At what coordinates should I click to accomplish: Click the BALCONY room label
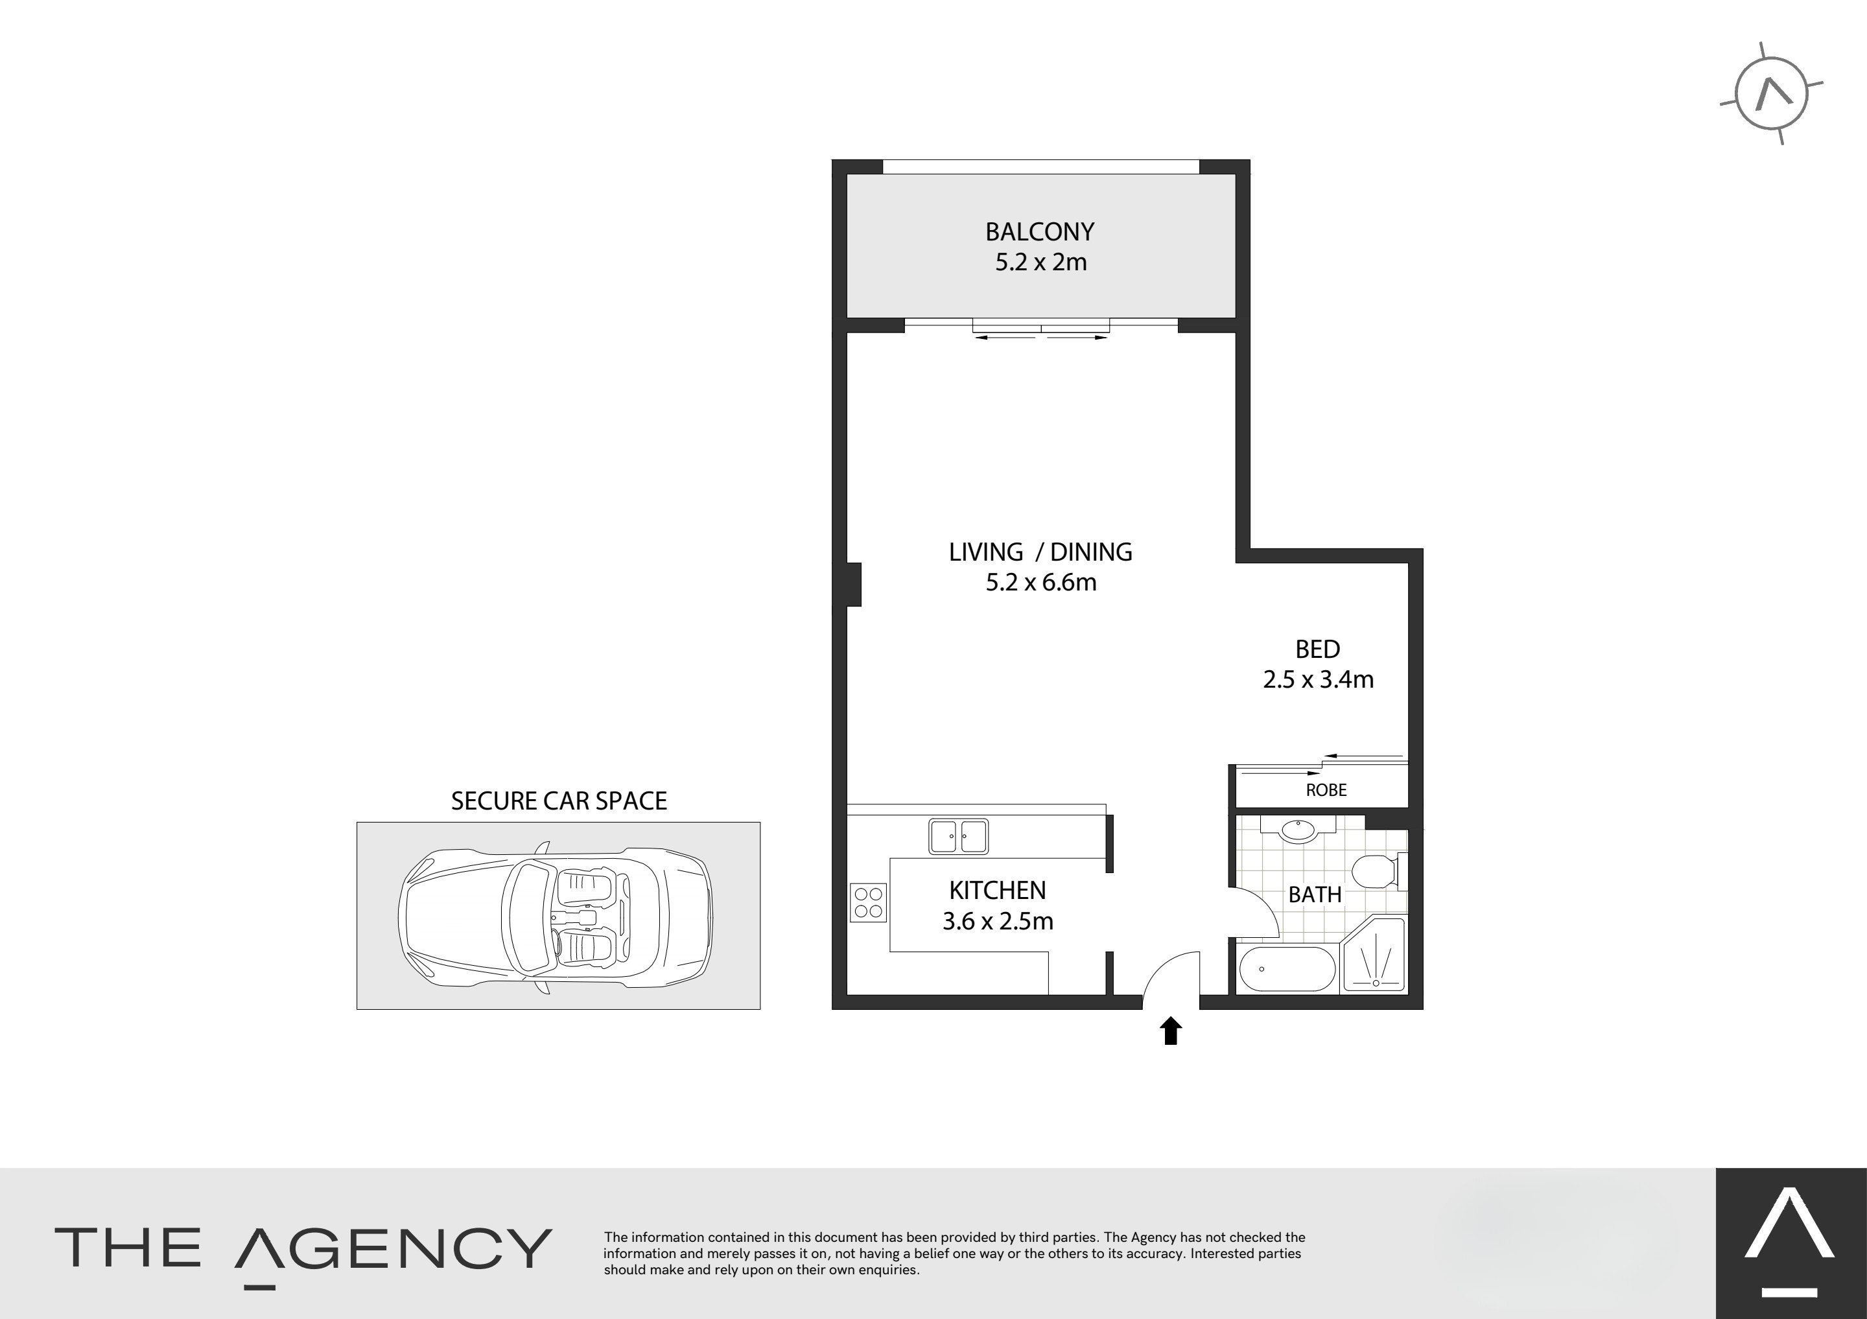tap(1039, 232)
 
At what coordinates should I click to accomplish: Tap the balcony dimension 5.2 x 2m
tap(1041, 262)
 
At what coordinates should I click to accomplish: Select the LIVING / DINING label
tap(1040, 552)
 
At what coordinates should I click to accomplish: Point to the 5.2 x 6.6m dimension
tap(1041, 582)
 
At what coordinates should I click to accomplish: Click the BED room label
tap(1317, 649)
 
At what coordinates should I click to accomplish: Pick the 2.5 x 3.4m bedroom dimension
tap(1318, 679)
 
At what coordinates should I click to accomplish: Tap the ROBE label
tap(1326, 789)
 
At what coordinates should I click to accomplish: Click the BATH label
tap(1315, 894)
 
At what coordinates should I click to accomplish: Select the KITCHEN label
tap(998, 891)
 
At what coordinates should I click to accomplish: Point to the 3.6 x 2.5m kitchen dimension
tap(998, 921)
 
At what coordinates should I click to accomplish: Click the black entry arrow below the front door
tap(1170, 1031)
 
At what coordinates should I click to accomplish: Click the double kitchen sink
tap(959, 837)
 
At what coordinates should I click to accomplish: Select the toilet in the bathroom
tap(1381, 871)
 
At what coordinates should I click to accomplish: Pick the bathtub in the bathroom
tap(1287, 968)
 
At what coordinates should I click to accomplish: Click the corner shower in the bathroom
tap(1374, 955)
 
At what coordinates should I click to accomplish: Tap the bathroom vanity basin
tap(1298, 830)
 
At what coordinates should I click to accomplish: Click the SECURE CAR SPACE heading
tap(559, 801)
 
